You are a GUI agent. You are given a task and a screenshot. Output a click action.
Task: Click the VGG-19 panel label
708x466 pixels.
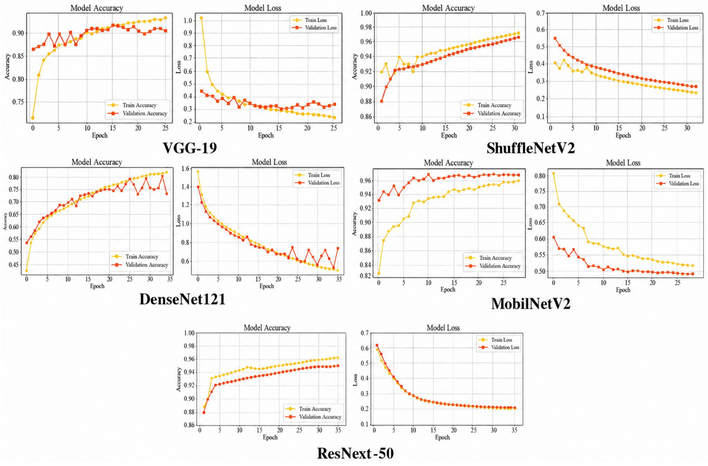[x=190, y=148]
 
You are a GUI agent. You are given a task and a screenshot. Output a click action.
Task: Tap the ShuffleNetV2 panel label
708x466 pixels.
[x=531, y=148]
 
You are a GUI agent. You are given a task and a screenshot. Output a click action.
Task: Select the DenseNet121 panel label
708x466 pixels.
[x=182, y=299]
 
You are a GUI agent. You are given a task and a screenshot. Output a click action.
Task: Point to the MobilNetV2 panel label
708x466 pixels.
[x=531, y=304]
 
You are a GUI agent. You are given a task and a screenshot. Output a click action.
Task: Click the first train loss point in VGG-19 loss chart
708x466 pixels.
[x=201, y=18]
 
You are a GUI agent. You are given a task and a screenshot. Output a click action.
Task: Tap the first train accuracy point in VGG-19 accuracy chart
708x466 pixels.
[x=33, y=118]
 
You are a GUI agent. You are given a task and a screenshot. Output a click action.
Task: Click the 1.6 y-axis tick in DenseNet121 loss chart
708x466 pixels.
[x=186, y=169]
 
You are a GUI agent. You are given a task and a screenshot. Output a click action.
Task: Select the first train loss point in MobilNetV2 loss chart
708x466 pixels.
[x=553, y=173]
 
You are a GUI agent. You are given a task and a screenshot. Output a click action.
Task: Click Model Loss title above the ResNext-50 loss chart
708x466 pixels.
[x=443, y=328]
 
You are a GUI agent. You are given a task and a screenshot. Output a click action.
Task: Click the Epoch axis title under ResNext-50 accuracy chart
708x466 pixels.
[x=270, y=437]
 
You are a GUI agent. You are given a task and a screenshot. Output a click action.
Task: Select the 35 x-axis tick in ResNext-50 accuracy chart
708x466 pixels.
[x=338, y=430]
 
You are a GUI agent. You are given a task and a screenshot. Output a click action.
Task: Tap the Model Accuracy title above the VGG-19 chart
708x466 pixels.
[x=97, y=8]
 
